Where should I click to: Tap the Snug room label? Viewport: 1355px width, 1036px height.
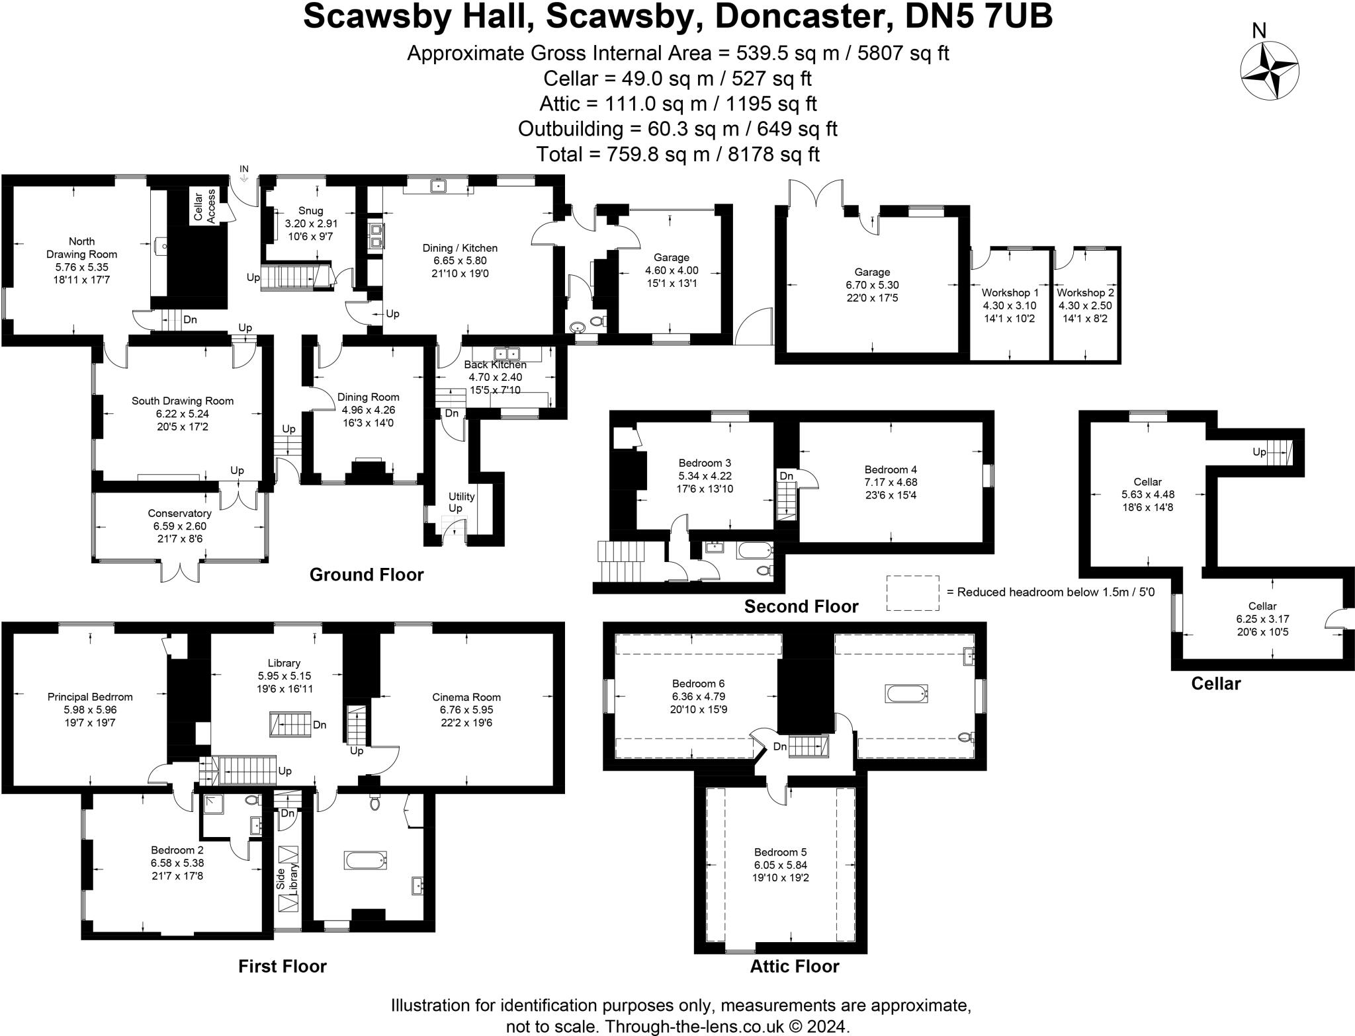pyautogui.click(x=310, y=211)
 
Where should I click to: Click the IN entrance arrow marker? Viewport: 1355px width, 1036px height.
pyautogui.click(x=243, y=173)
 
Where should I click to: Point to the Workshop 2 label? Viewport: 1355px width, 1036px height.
pyautogui.click(x=1085, y=292)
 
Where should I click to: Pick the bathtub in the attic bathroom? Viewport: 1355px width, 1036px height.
pyautogui.click(x=906, y=694)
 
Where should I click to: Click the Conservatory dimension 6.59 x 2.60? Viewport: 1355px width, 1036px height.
pyautogui.click(x=179, y=526)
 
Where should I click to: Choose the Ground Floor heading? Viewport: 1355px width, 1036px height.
pyautogui.click(x=366, y=575)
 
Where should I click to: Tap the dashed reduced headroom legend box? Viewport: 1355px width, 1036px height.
pyautogui.click(x=912, y=592)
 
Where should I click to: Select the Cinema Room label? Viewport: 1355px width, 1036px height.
pyautogui.click(x=466, y=697)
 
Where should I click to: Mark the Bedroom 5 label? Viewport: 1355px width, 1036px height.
pyautogui.click(x=780, y=852)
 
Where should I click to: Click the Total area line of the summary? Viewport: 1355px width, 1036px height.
pyautogui.click(x=677, y=154)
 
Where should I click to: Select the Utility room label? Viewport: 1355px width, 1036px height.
pyautogui.click(x=461, y=497)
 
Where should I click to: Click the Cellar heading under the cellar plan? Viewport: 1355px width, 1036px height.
pyautogui.click(x=1215, y=683)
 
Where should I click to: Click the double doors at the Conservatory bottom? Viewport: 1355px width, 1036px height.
pyautogui.click(x=180, y=571)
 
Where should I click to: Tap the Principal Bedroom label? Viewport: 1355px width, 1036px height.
pyautogui.click(x=90, y=697)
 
